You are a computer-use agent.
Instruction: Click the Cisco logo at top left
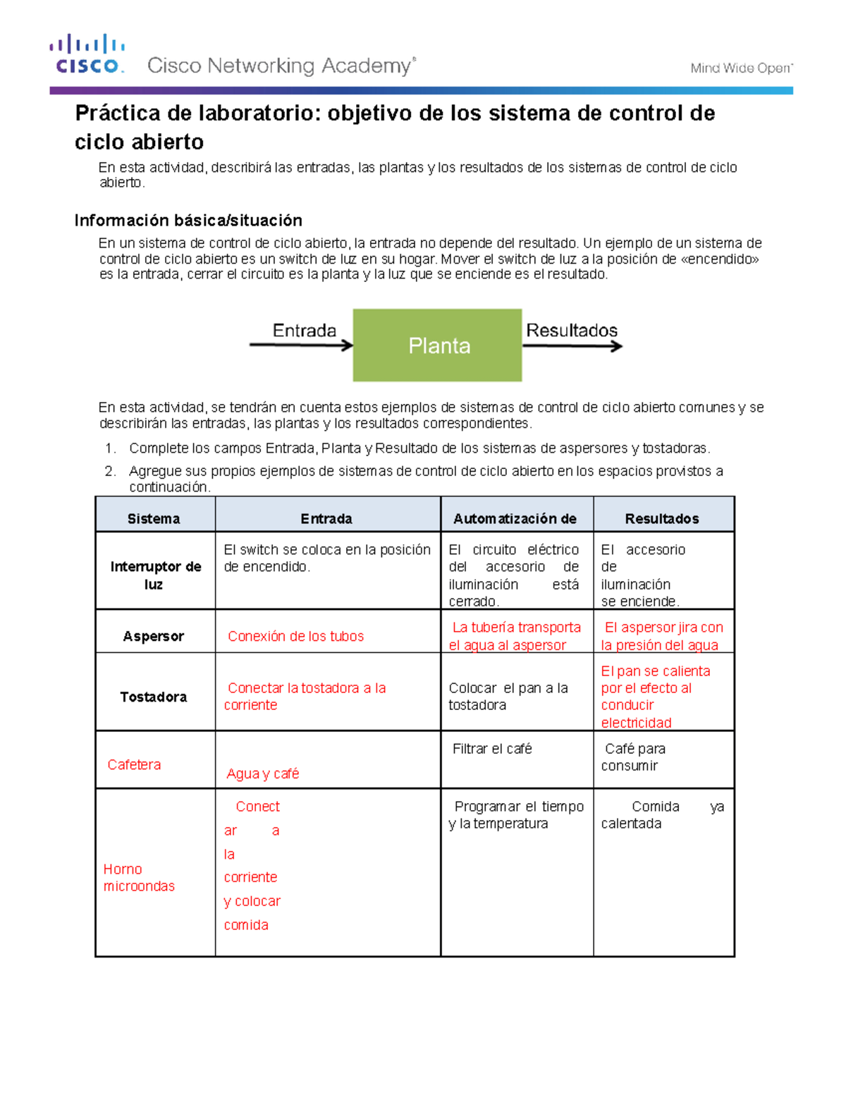point(87,54)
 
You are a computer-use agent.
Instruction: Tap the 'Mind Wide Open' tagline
point(741,68)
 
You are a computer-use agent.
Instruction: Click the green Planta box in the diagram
point(437,345)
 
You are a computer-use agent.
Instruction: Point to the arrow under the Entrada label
point(301,345)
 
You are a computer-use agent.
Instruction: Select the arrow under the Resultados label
point(572,346)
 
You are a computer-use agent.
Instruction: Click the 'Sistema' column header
point(154,519)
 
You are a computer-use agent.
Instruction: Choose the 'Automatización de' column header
point(515,519)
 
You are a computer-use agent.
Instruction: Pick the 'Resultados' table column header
point(662,519)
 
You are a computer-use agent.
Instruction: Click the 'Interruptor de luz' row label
point(155,575)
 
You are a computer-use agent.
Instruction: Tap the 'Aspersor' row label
point(154,636)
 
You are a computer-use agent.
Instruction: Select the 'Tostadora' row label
point(154,697)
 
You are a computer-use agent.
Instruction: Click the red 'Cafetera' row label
point(134,764)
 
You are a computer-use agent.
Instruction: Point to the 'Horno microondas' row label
point(138,878)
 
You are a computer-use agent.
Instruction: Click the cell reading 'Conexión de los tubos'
point(295,636)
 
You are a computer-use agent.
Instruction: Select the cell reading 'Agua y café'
point(263,773)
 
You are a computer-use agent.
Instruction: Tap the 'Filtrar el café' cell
point(492,749)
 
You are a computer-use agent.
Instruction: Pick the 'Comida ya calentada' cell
point(662,815)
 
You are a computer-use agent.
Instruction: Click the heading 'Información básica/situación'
point(188,221)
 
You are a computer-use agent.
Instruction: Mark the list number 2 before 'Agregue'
point(109,471)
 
